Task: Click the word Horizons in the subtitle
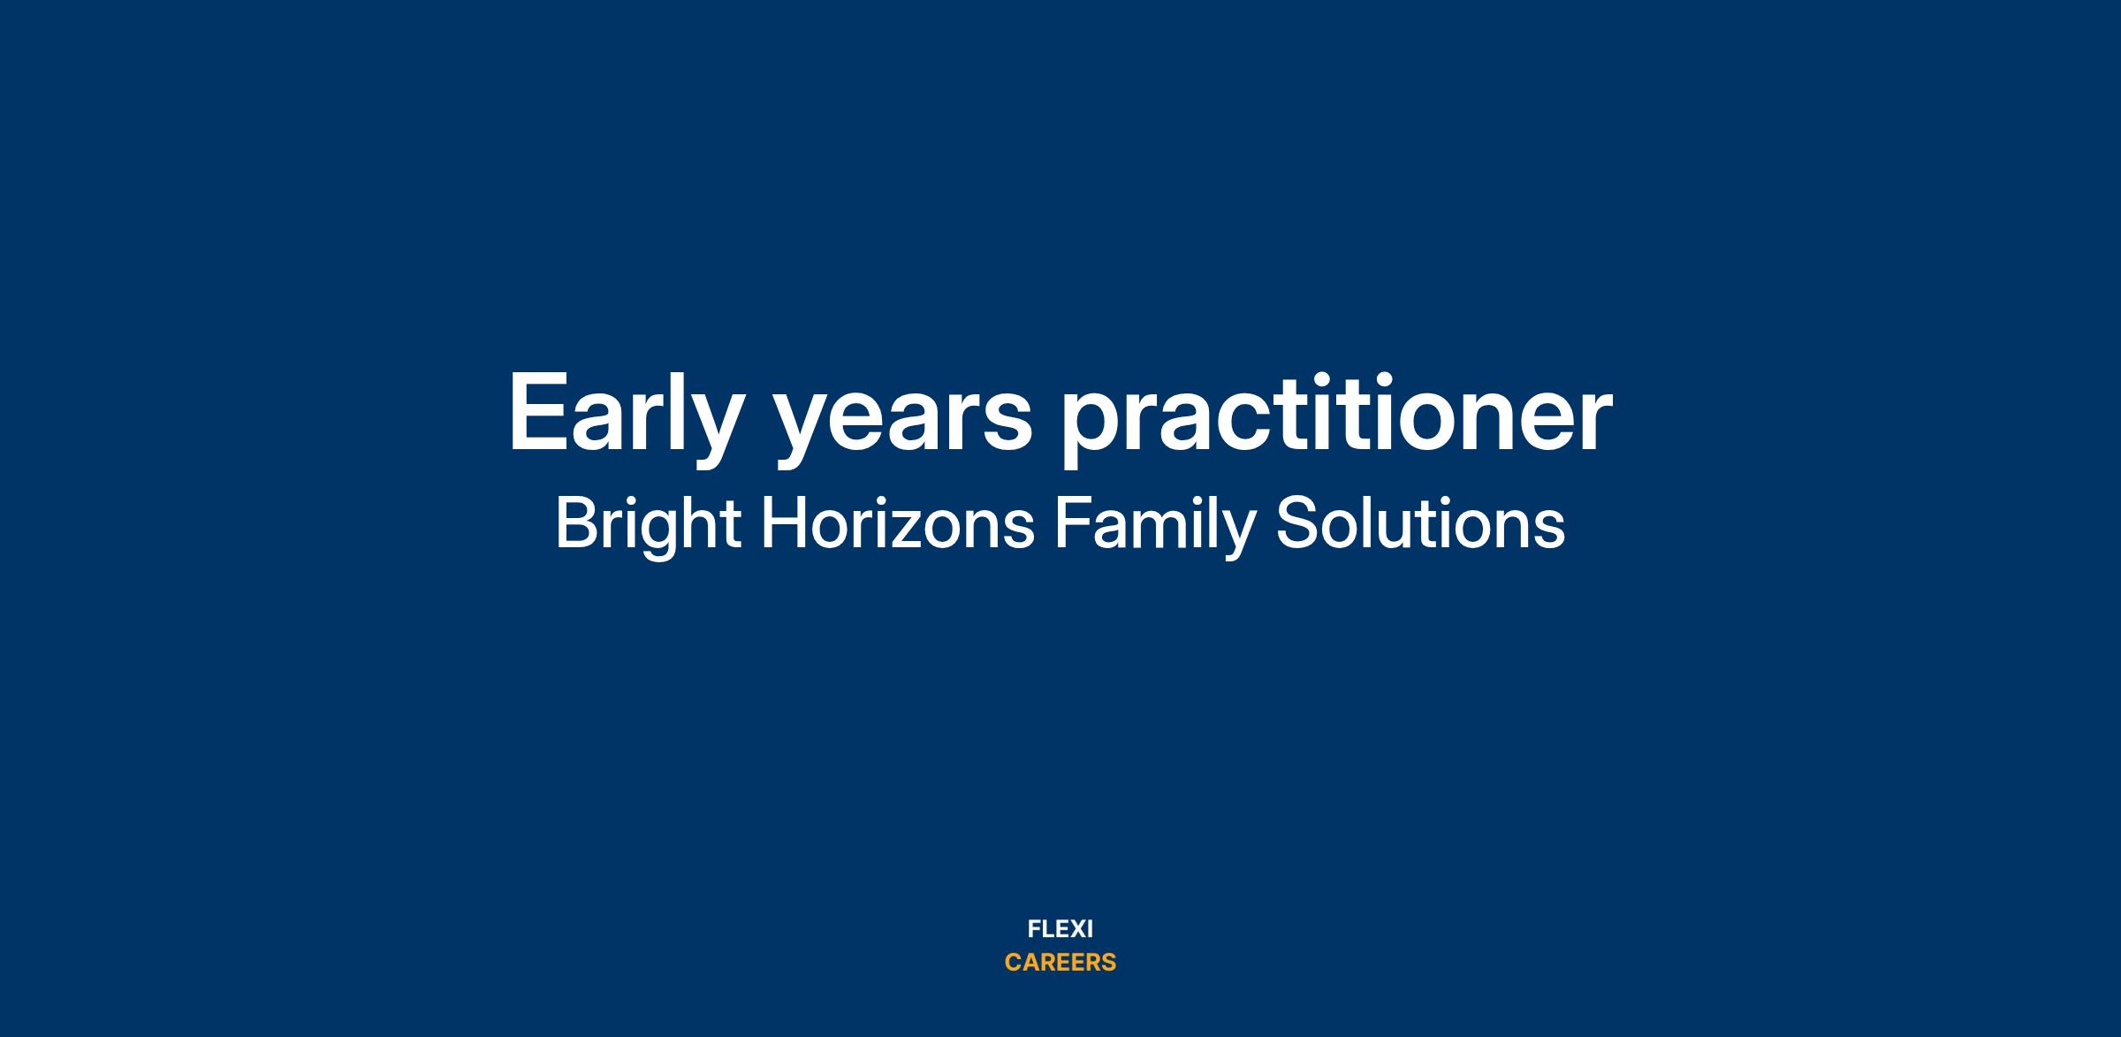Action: click(898, 523)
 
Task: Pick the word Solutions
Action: click(1420, 523)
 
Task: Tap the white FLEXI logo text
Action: click(1060, 929)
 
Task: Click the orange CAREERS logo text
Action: click(1060, 963)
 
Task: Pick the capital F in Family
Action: click(1072, 523)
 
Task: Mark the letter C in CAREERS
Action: click(1014, 963)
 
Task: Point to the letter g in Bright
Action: click(668, 536)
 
